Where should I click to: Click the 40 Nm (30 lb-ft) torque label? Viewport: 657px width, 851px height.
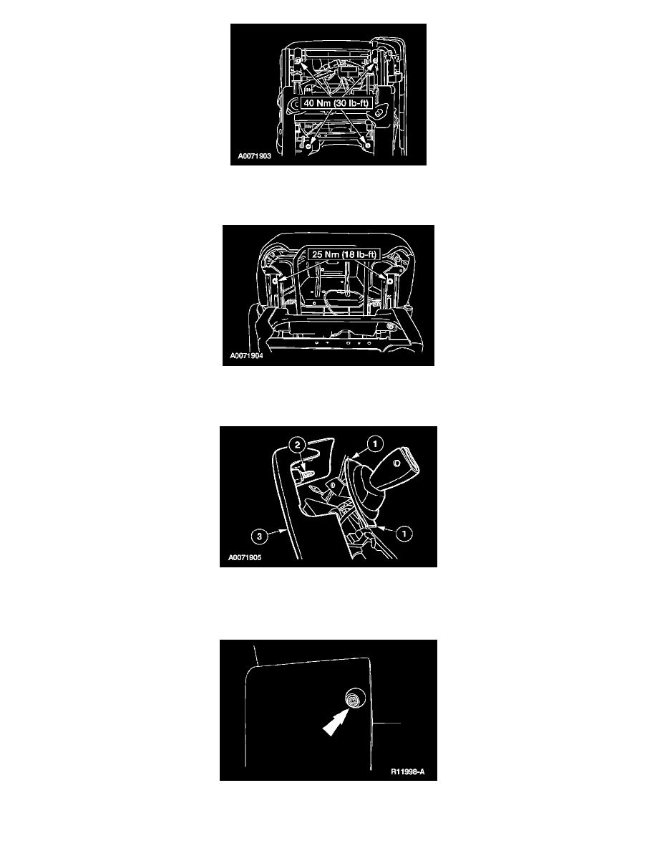pyautogui.click(x=336, y=103)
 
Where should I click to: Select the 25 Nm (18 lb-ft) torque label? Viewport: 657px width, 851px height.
pyautogui.click(x=344, y=254)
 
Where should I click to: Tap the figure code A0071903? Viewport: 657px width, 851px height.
pyautogui.click(x=254, y=155)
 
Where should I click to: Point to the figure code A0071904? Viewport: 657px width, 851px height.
pyautogui.click(x=247, y=356)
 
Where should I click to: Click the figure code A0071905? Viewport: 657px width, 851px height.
pyautogui.click(x=245, y=557)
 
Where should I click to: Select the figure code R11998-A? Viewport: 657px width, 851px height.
pyautogui.click(x=408, y=771)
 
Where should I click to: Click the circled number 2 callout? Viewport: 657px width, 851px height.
pyautogui.click(x=297, y=445)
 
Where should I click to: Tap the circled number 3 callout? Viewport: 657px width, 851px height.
pyautogui.click(x=259, y=537)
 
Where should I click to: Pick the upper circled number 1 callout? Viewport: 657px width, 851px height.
pyautogui.click(x=375, y=444)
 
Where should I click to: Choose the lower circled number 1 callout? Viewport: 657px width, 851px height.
pyautogui.click(x=404, y=534)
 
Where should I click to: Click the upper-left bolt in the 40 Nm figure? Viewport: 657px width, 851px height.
pyautogui.click(x=298, y=59)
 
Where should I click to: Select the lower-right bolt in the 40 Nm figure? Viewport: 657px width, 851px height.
pyautogui.click(x=367, y=146)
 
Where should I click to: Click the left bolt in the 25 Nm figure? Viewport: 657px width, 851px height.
pyautogui.click(x=275, y=281)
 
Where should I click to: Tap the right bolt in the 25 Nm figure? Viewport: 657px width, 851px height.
pyautogui.click(x=389, y=281)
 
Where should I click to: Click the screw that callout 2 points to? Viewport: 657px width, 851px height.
pyautogui.click(x=308, y=473)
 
